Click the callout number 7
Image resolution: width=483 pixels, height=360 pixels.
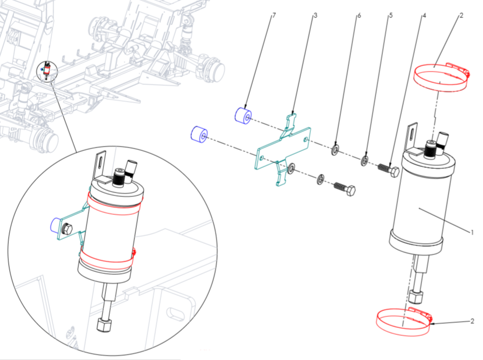point(274,15)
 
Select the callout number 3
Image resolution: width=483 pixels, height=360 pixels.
point(315,15)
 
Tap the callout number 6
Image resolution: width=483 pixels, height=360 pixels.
point(359,15)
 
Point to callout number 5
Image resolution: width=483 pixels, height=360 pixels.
point(391,15)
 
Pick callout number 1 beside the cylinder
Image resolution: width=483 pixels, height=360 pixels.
point(471,232)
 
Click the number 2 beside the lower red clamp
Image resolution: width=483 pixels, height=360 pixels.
point(472,321)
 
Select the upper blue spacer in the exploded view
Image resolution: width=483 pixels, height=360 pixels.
point(243,116)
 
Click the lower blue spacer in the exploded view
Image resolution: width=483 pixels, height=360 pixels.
point(199,135)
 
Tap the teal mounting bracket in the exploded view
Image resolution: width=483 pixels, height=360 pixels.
point(283,150)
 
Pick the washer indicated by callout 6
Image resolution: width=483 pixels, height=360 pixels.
point(335,150)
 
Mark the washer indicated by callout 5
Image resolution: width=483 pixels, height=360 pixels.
point(365,161)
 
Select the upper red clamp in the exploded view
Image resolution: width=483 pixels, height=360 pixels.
point(441,77)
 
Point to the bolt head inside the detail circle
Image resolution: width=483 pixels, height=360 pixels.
point(67,229)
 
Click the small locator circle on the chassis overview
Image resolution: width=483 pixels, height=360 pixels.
point(47,71)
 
